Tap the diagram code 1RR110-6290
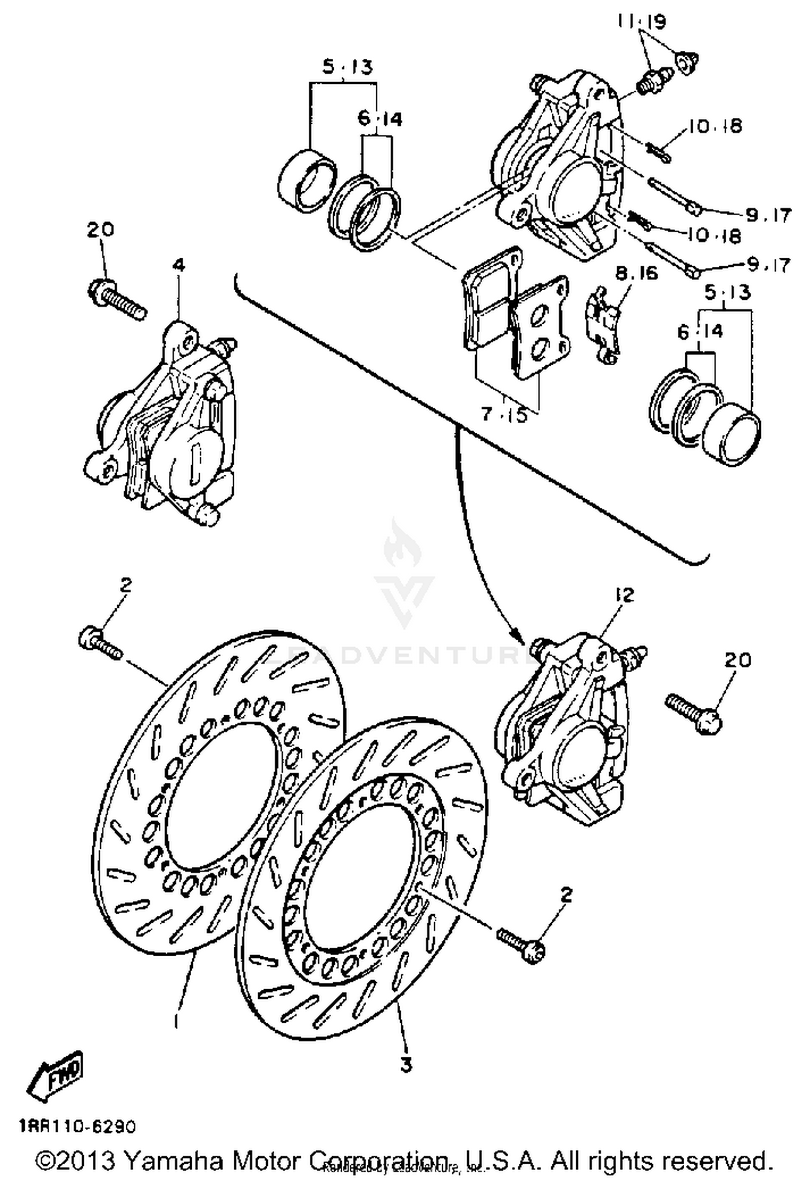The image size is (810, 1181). pyautogui.click(x=77, y=1126)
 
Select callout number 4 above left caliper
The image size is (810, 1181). pyautogui.click(x=179, y=265)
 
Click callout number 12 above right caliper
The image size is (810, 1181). pyautogui.click(x=623, y=595)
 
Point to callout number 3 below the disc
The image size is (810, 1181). pyautogui.click(x=406, y=1064)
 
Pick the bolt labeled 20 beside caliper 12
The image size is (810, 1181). pyautogui.click(x=693, y=713)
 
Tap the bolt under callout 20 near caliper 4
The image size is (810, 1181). pyautogui.click(x=117, y=297)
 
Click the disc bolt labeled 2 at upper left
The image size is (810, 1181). pyautogui.click(x=100, y=643)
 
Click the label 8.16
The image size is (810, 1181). pyautogui.click(x=637, y=273)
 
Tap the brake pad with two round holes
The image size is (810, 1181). pyautogui.click(x=539, y=330)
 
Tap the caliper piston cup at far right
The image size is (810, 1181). pyautogui.click(x=732, y=432)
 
